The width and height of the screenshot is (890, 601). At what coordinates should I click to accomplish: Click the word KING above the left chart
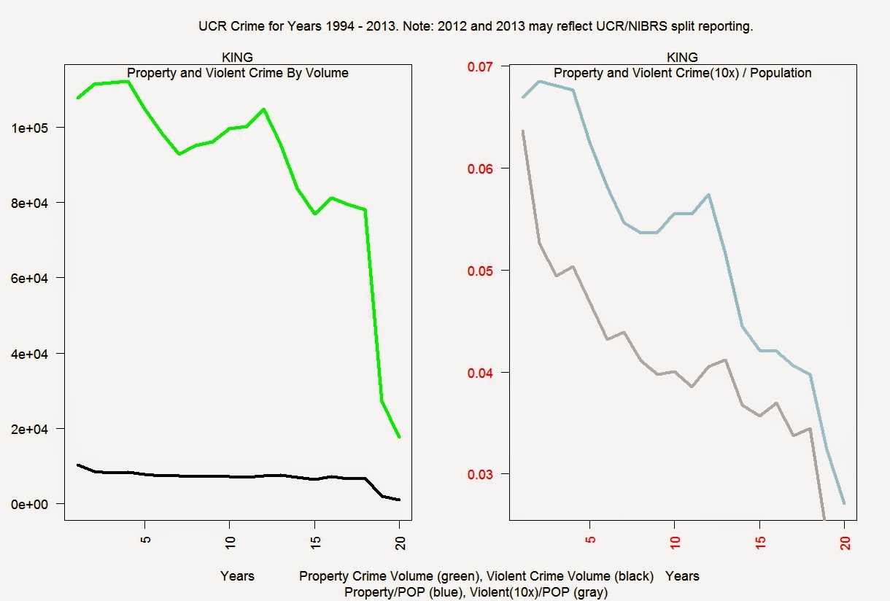point(237,58)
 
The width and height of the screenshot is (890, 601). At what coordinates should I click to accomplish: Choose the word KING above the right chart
point(682,58)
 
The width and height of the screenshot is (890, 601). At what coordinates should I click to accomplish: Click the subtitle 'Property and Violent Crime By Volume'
point(238,73)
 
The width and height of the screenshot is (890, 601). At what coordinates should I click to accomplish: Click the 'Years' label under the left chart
point(237,576)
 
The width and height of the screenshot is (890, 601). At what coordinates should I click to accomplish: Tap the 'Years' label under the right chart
point(682,576)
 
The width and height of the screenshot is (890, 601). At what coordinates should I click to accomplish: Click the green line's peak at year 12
point(263,109)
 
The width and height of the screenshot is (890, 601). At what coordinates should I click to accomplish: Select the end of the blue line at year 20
point(844,503)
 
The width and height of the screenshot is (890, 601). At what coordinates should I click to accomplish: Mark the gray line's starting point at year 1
point(523,131)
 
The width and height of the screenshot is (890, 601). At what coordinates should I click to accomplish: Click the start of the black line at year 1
point(78,465)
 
